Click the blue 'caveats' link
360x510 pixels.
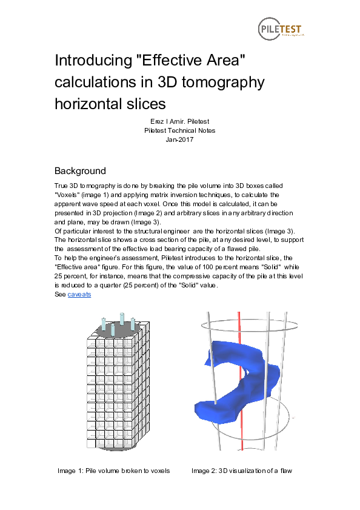pos(79,294)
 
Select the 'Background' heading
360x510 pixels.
pos(80,170)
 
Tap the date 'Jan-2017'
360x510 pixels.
pos(179,139)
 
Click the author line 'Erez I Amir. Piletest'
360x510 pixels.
pos(179,122)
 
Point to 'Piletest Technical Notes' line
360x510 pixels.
pos(179,130)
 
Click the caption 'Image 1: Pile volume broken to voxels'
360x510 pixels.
pos(113,471)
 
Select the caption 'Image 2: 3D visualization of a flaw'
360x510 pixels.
pos(242,471)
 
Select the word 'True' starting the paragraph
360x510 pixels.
pos(61,185)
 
